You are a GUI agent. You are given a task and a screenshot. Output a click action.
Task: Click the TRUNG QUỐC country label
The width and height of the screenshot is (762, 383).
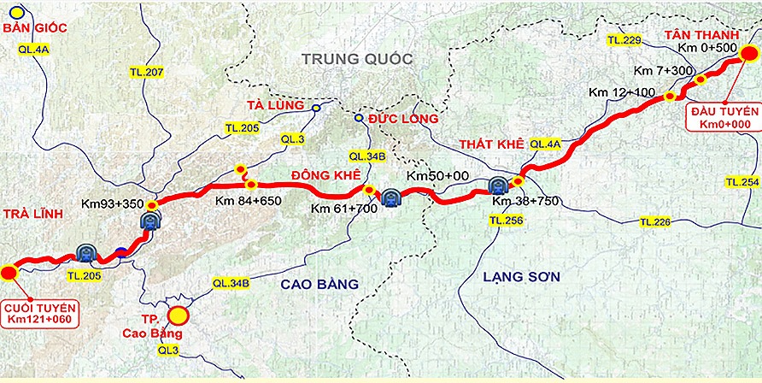[355, 59]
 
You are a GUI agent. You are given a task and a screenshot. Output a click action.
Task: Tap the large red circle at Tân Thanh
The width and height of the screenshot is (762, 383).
[747, 54]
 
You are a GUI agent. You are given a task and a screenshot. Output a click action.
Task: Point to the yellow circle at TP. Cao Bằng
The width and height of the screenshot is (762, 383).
[178, 316]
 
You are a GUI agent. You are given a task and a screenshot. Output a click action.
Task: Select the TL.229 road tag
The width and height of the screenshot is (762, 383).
[623, 40]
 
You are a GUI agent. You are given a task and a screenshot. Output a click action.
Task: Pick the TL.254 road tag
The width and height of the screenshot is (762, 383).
[741, 183]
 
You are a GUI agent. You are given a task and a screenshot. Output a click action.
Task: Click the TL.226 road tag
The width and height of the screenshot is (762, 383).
[656, 222]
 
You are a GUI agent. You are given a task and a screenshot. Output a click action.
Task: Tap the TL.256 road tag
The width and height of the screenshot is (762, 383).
[506, 220]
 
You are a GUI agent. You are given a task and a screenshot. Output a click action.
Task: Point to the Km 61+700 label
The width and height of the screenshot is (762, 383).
[343, 209]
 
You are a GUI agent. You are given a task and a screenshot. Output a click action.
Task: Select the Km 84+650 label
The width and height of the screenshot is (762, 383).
[248, 201]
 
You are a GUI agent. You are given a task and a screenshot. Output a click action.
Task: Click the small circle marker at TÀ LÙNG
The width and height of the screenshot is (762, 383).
[316, 109]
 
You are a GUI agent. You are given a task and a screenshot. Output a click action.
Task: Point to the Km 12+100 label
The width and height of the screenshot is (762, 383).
[622, 91]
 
